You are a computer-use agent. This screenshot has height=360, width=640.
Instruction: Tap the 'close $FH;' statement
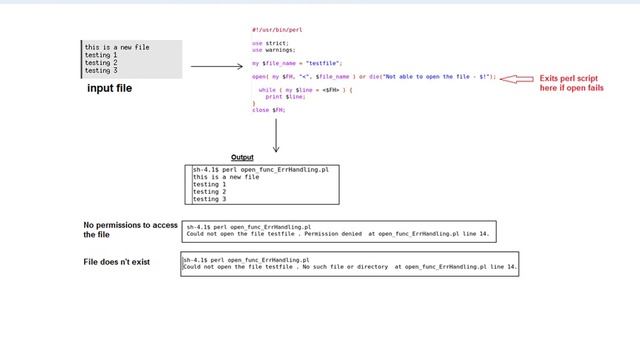click(269, 110)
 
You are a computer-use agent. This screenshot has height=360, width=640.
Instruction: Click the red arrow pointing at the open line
click(516, 78)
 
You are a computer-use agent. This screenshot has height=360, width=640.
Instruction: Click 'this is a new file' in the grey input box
click(117, 47)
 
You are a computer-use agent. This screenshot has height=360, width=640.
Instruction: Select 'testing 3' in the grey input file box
click(101, 71)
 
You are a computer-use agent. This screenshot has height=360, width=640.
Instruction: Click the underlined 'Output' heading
click(242, 157)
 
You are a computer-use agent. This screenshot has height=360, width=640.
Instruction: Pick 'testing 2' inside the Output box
click(209, 191)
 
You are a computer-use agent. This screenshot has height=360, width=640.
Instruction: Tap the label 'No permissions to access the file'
click(130, 230)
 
